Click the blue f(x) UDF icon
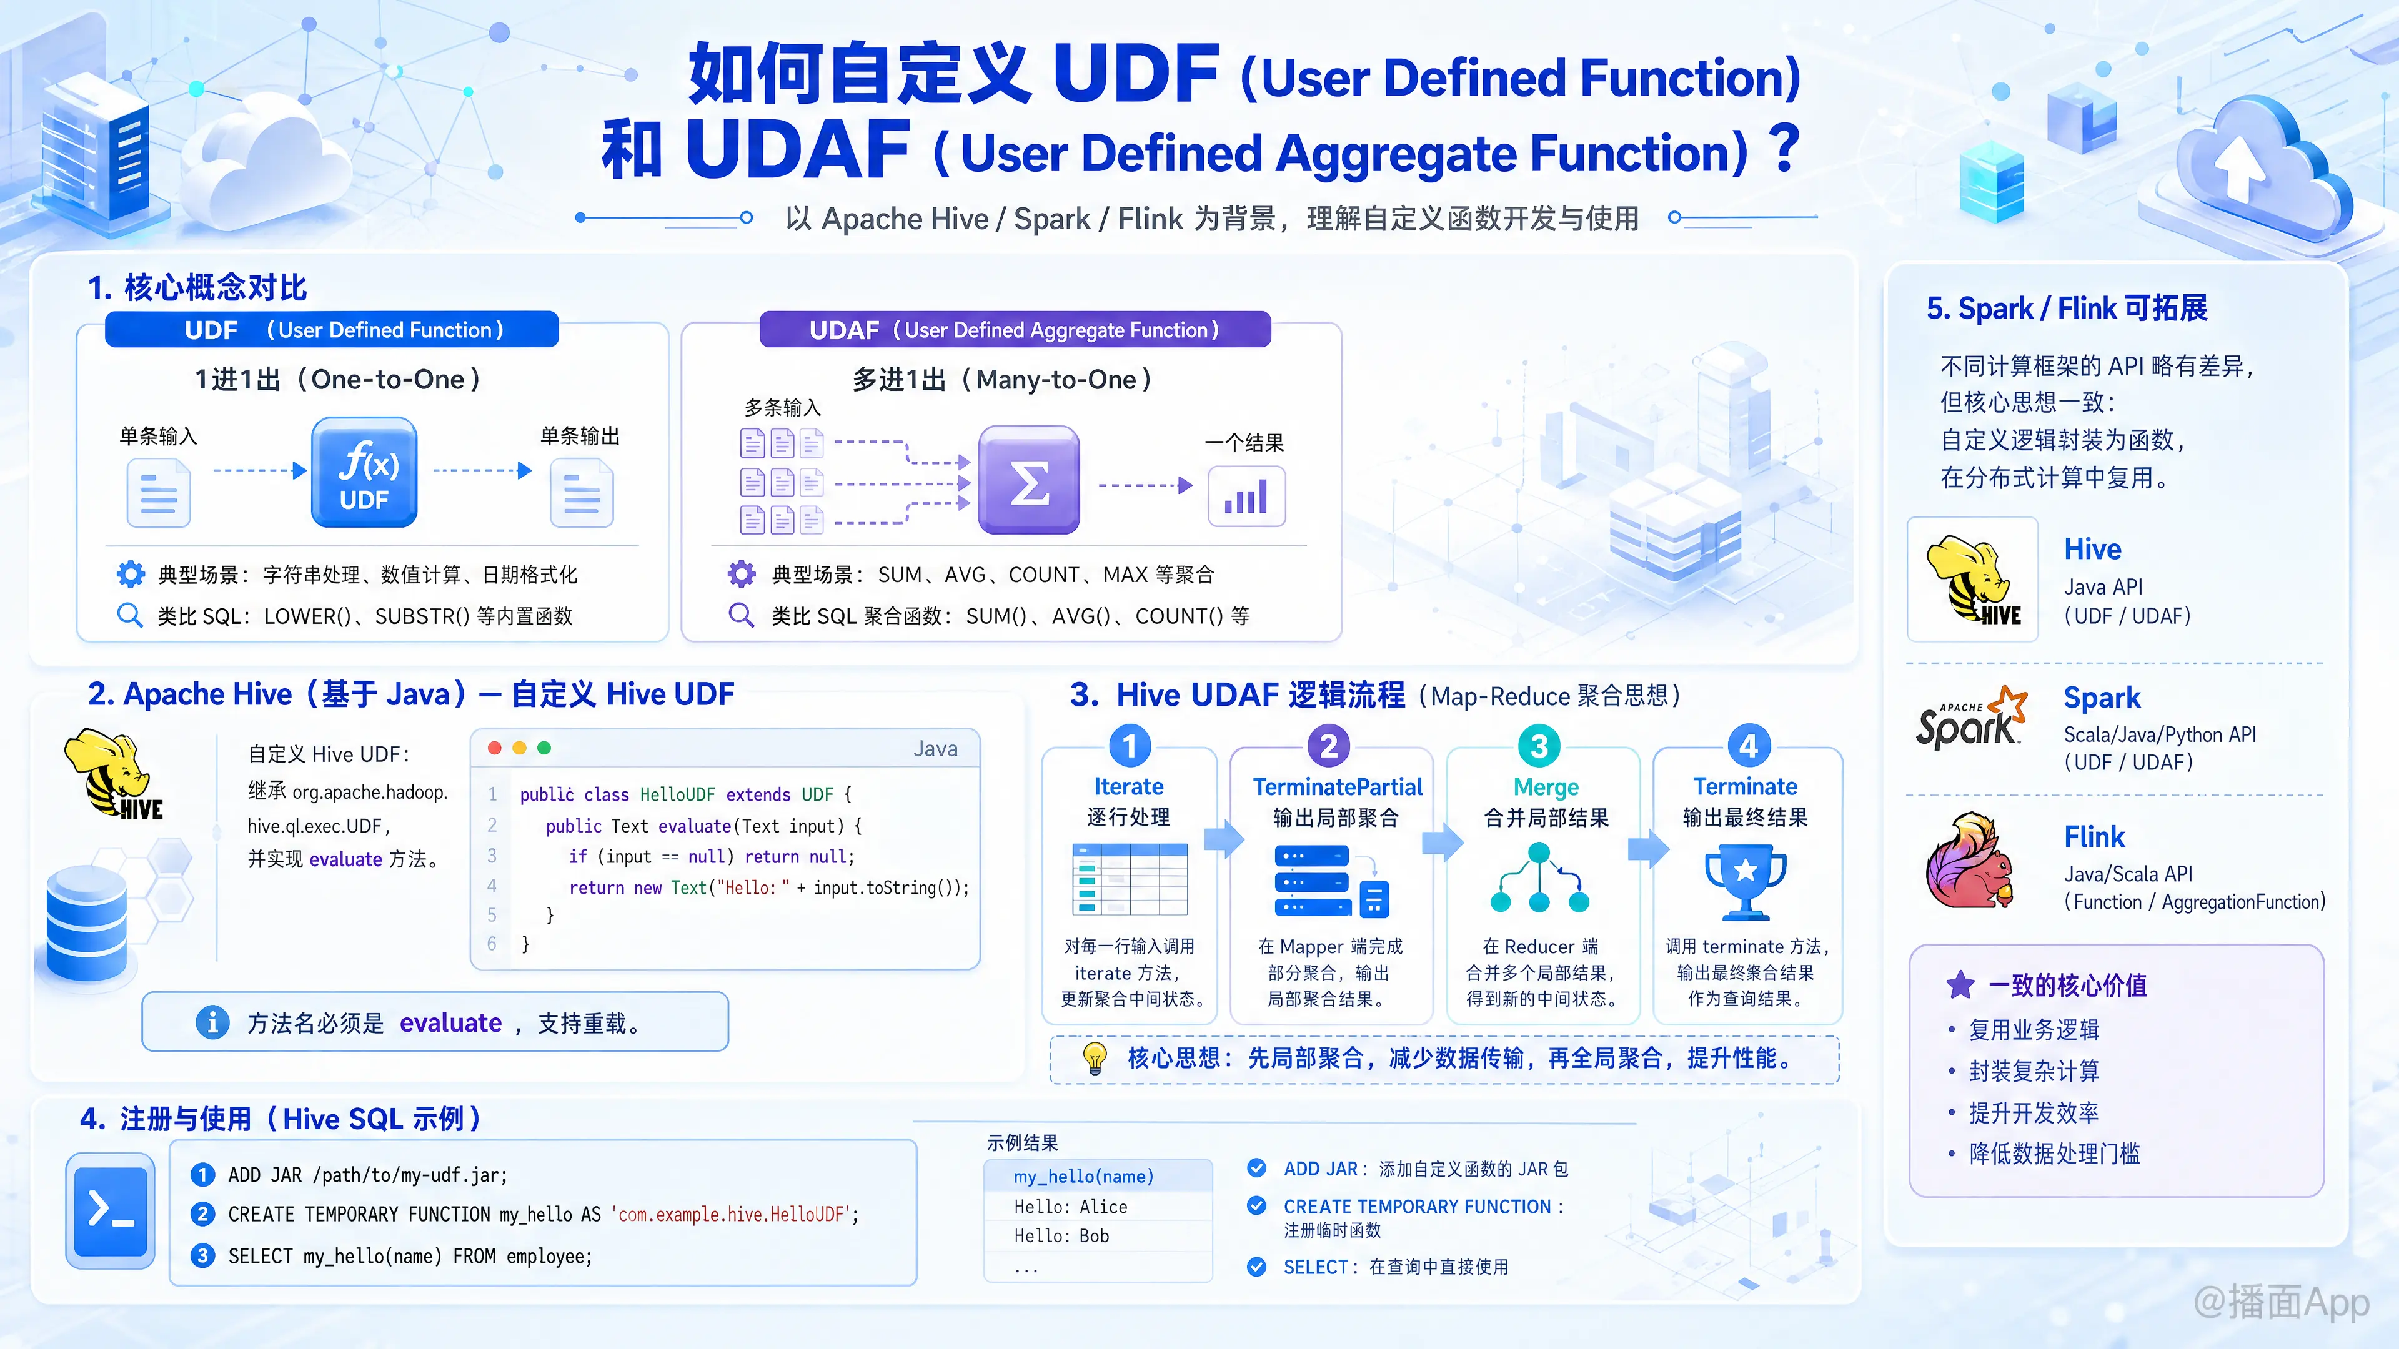click(364, 472)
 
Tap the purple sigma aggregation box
click(1029, 480)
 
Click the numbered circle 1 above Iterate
click(1130, 746)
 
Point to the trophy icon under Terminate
click(1746, 881)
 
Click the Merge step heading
click(1546, 788)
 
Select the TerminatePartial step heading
click(1338, 788)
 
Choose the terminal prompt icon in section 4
click(111, 1211)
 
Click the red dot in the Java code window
click(495, 748)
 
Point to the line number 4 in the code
click(492, 886)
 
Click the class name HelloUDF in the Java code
click(677, 794)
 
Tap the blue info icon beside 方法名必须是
click(212, 1022)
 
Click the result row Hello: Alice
click(1070, 1207)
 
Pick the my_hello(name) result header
click(1083, 1177)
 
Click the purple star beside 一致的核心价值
click(1960, 984)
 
